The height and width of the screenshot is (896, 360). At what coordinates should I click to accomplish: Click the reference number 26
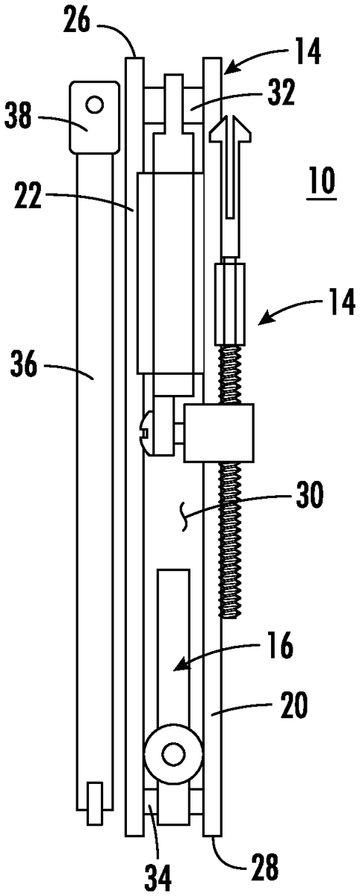click(x=77, y=22)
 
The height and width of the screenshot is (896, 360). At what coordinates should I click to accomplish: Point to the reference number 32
click(x=282, y=93)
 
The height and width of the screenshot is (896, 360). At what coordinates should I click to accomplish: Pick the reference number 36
click(x=24, y=362)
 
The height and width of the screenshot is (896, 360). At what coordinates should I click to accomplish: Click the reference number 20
click(x=294, y=706)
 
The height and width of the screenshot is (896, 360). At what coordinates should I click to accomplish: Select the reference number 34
click(x=158, y=878)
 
